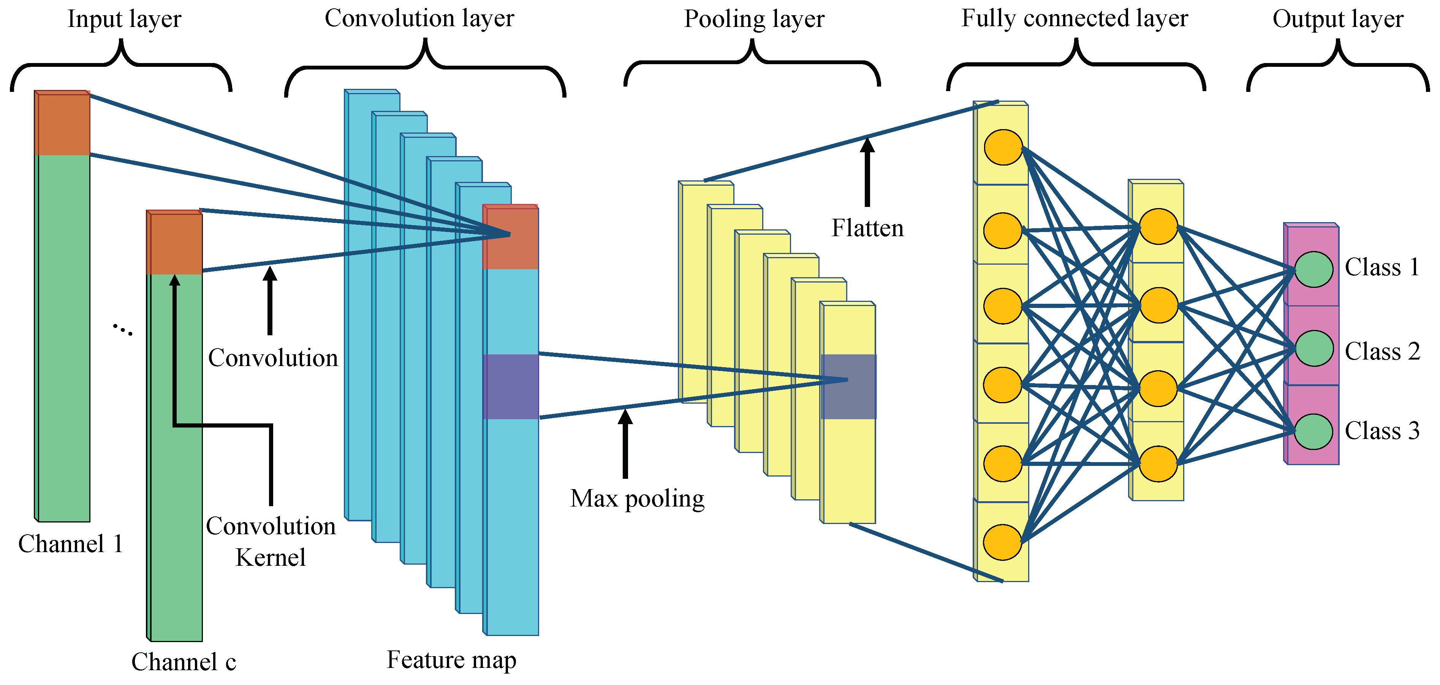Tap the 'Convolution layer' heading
click(x=419, y=19)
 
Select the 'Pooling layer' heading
click(x=754, y=20)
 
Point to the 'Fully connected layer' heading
click(x=1074, y=19)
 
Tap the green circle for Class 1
click(x=1313, y=269)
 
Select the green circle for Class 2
click(x=1313, y=349)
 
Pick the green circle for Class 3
click(x=1313, y=432)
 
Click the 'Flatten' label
click(x=867, y=228)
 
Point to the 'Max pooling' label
click(x=637, y=499)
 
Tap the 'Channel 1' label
click(x=70, y=544)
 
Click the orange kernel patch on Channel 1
click(x=62, y=123)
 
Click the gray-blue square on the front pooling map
click(x=848, y=387)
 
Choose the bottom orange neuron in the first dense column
click(x=1003, y=542)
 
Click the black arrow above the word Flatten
click(x=867, y=172)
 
